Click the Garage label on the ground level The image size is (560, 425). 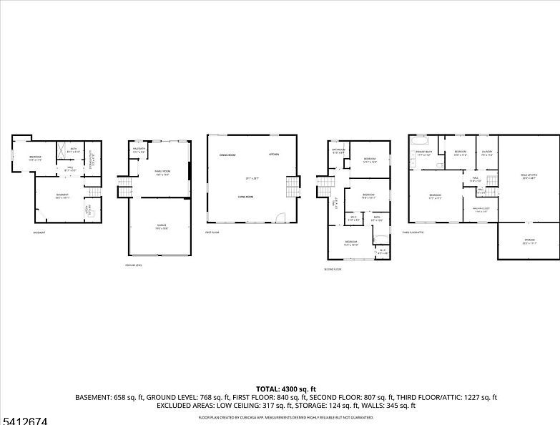tap(162, 225)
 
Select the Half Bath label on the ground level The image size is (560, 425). tap(139, 150)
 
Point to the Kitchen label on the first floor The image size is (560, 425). tap(274, 155)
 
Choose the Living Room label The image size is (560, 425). tap(247, 196)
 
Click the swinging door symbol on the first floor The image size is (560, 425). tap(281, 217)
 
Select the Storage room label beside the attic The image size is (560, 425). tap(529, 240)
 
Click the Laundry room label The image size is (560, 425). tap(487, 152)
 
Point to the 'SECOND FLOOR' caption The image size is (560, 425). tap(333, 270)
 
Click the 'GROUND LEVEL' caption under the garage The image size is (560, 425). tap(134, 265)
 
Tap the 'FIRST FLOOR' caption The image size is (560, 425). tap(212, 233)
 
